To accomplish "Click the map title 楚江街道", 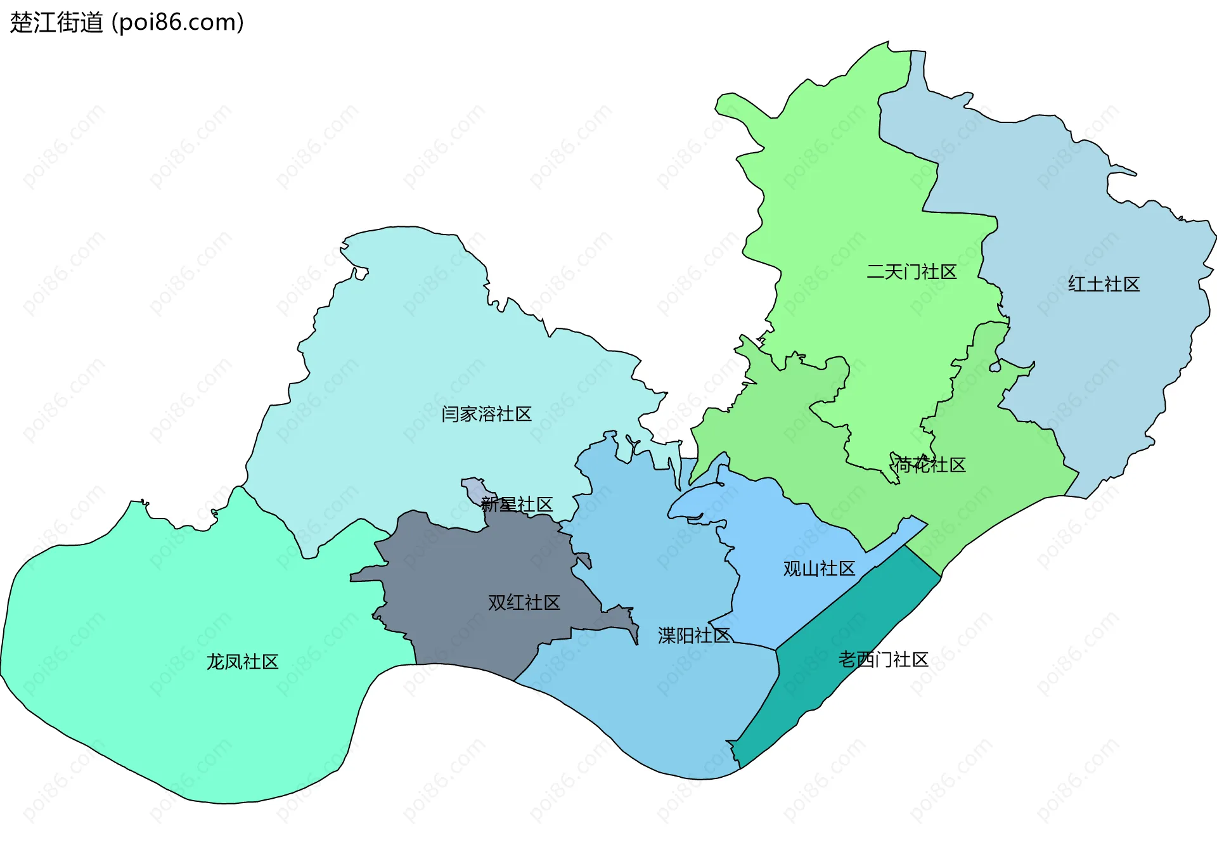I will click(56, 23).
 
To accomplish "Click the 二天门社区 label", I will click(911, 272).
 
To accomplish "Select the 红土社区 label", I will click(1104, 284).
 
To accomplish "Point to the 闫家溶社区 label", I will click(486, 414).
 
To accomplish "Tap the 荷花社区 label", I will click(930, 465).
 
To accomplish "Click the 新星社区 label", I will click(517, 505).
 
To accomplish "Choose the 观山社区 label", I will click(819, 569).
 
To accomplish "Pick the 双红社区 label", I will click(524, 602).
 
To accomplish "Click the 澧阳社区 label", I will click(694, 635).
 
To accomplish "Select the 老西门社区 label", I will click(883, 659).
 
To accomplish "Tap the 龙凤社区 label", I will click(242, 662).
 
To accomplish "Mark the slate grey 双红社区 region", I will click(456, 571).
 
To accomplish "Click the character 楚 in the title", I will click(20, 23).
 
